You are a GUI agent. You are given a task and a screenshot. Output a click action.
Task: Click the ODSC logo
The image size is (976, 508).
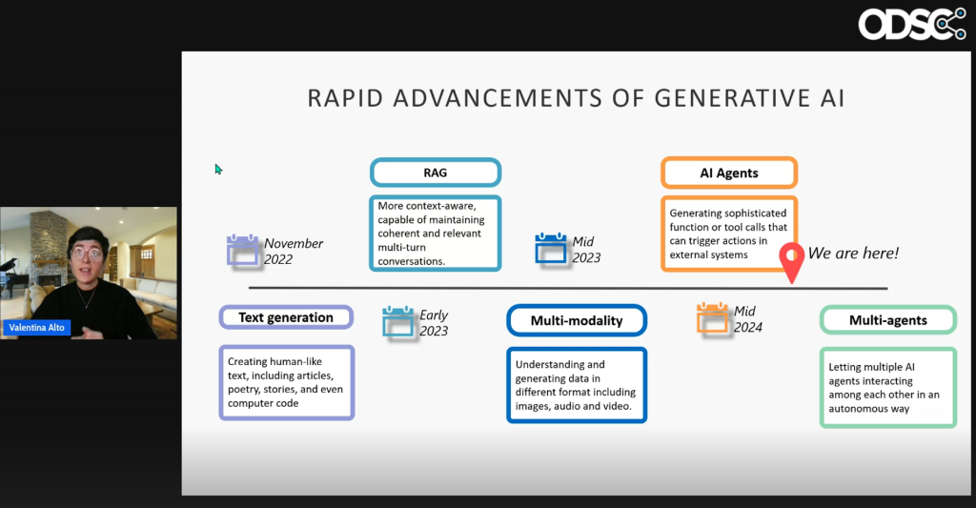click(x=912, y=24)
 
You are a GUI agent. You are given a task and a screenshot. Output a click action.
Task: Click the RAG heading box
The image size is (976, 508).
click(x=435, y=173)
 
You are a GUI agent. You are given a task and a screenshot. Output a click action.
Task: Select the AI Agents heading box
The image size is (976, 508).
click(x=728, y=173)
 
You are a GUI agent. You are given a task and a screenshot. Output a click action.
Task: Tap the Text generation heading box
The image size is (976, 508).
click(x=286, y=317)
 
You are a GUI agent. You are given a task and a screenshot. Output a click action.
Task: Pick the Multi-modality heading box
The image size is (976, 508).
click(x=577, y=320)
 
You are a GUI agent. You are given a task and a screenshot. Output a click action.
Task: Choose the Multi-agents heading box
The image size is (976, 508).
click(x=887, y=320)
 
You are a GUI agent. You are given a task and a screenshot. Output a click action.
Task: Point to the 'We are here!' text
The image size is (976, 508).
click(x=853, y=254)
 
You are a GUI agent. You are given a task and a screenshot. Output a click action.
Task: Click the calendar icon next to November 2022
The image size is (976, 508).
click(x=243, y=250)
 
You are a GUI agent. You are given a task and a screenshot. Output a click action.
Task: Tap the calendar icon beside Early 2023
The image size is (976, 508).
click(x=398, y=321)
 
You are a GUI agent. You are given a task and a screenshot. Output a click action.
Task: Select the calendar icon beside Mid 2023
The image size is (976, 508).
click(x=552, y=249)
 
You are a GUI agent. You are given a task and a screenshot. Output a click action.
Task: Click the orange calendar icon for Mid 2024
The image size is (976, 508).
click(x=712, y=318)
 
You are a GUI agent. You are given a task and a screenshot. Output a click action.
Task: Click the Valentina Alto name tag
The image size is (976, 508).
click(x=38, y=327)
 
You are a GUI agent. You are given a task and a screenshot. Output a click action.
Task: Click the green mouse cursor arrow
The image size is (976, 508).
click(x=218, y=170)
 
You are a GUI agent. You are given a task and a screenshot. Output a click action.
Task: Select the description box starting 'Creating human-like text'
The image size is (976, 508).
click(x=287, y=382)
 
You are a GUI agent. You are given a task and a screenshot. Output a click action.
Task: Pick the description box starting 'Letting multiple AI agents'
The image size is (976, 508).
click(x=887, y=388)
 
